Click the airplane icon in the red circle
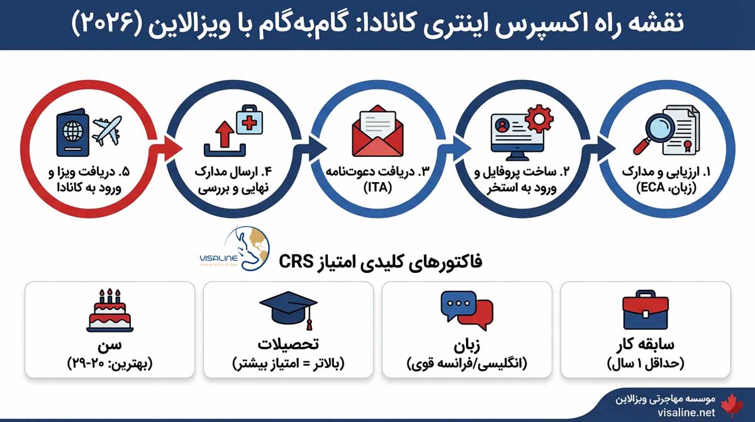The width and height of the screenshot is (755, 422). click(x=106, y=131)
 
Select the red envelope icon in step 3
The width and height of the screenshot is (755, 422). click(x=376, y=135)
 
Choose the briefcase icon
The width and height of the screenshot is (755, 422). click(x=646, y=310)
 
